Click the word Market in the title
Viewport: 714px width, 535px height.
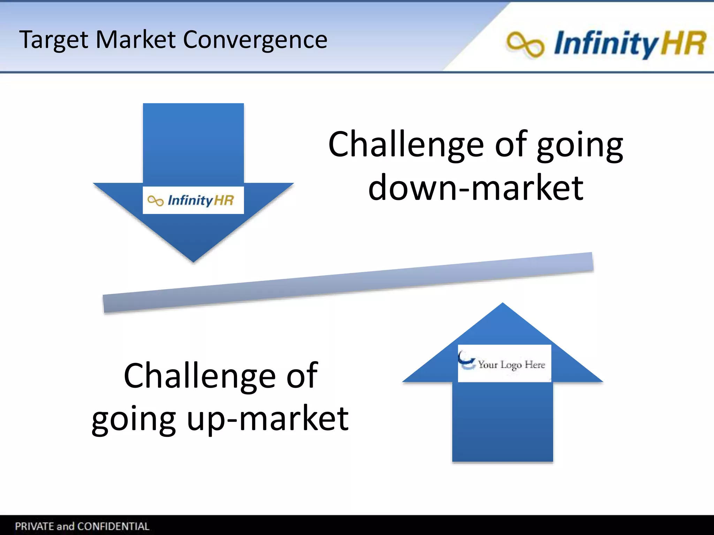coord(135,39)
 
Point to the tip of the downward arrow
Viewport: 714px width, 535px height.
coord(193,261)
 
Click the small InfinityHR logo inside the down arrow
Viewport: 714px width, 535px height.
coord(193,200)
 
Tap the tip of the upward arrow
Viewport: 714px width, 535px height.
coord(502,304)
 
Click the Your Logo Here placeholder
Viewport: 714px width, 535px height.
coord(511,364)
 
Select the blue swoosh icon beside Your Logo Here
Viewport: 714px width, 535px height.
coord(466,361)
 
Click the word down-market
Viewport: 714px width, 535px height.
coord(476,188)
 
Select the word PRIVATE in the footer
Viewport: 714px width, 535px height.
coord(34,526)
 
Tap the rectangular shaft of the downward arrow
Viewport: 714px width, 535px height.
coord(193,143)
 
